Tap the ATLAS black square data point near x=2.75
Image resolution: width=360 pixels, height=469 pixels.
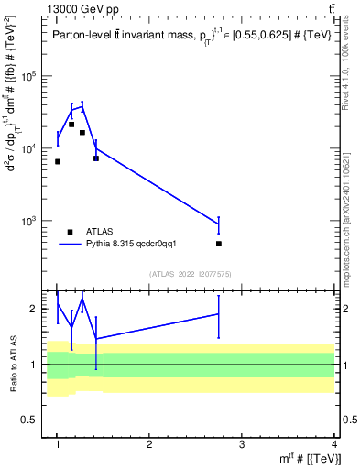219,244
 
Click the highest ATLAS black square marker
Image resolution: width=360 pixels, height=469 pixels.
71,125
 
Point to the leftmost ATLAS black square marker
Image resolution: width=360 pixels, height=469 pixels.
58,161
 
